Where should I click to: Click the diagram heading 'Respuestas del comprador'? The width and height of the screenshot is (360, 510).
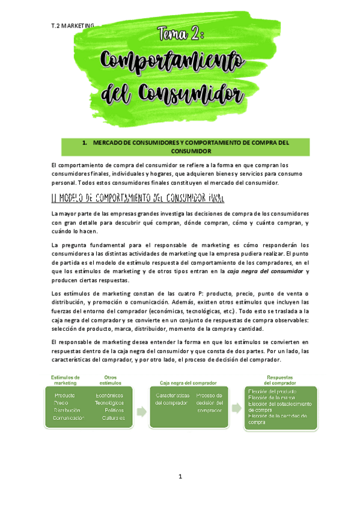tap(280, 380)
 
